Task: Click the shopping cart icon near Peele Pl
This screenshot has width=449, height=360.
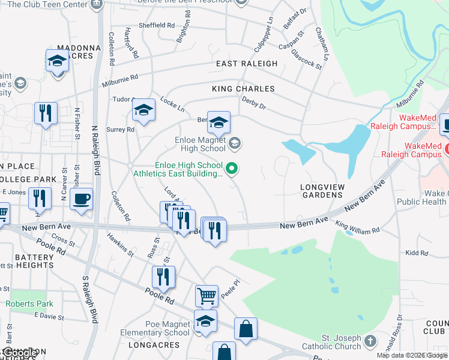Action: tap(206, 296)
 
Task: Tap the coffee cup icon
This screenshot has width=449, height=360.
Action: tap(81, 199)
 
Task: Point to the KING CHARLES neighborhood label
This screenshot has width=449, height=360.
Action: tap(243, 89)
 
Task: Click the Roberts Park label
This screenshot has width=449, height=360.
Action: tap(29, 304)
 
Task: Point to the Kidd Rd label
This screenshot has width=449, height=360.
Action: tap(416, 254)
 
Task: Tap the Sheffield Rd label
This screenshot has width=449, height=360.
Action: tap(157, 26)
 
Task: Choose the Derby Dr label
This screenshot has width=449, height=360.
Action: tap(253, 104)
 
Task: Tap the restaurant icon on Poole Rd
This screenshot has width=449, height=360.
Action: tap(163, 277)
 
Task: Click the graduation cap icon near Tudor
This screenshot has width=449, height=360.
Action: tap(143, 110)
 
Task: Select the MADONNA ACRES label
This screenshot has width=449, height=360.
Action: tap(75, 52)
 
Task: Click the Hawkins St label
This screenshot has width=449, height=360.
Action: tap(121, 245)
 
